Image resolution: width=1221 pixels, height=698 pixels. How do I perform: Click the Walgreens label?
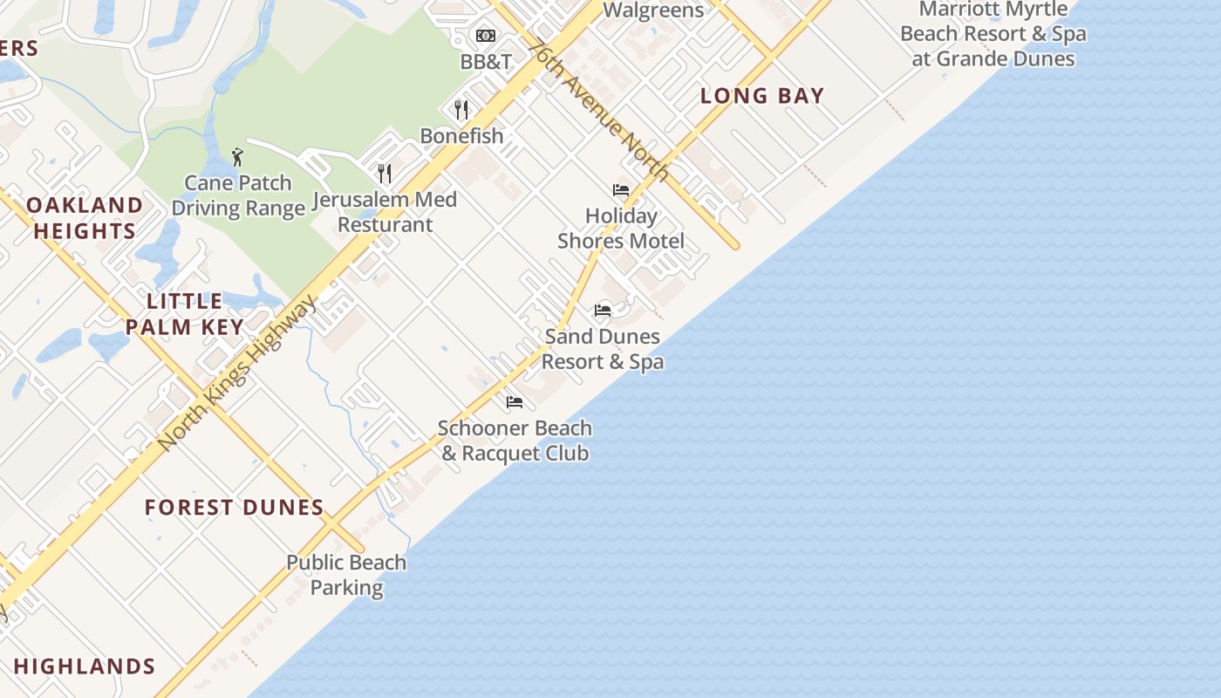653,10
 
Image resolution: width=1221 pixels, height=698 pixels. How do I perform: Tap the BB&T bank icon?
485,36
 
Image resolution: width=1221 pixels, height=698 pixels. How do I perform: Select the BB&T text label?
486,62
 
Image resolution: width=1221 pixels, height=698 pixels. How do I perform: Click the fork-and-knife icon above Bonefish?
461,109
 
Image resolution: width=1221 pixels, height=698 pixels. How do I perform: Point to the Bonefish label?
461,136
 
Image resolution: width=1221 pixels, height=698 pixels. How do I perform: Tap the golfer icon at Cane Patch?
237,157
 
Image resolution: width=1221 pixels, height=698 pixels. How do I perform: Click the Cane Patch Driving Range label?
238,195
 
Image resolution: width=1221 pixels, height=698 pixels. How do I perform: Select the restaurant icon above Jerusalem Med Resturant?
384,173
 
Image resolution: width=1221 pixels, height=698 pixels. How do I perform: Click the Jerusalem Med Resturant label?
385,212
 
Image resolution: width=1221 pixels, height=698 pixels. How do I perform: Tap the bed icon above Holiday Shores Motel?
621,189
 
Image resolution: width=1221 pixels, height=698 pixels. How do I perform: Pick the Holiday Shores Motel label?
621,228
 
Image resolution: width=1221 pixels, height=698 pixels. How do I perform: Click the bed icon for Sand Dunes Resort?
603,310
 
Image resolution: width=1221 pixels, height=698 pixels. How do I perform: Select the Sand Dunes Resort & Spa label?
603,348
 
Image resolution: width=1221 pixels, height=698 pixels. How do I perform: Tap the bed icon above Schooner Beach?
515,402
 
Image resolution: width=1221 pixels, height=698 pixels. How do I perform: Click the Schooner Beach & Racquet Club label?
515,441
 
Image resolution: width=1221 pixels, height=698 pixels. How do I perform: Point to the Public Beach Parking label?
346,575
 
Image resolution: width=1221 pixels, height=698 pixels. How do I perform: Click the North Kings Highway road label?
237,373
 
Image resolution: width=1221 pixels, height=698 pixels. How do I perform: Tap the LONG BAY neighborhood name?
762,96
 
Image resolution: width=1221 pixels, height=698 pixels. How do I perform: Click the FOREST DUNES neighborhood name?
234,507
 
